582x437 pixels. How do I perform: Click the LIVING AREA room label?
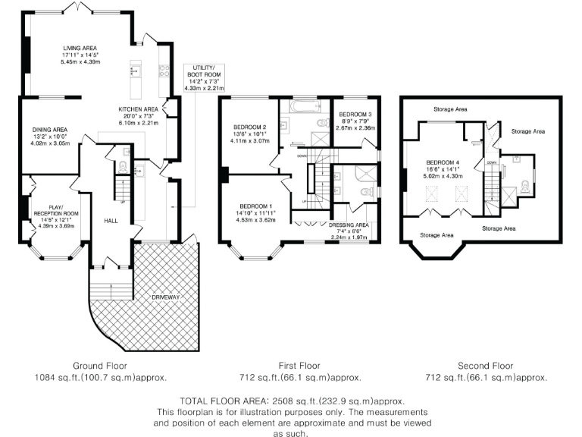tap(80, 48)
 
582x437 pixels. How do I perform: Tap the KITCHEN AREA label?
tap(137, 109)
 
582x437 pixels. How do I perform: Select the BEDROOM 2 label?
tap(249, 127)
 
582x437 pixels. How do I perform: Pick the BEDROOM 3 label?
tap(355, 114)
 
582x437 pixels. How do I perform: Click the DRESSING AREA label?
tap(349, 225)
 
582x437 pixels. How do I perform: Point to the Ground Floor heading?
tap(100, 365)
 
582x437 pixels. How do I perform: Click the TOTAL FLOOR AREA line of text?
tap(291, 401)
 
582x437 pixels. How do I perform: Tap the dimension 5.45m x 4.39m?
tap(80, 61)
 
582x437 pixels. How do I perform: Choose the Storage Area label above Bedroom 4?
tap(450, 109)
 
